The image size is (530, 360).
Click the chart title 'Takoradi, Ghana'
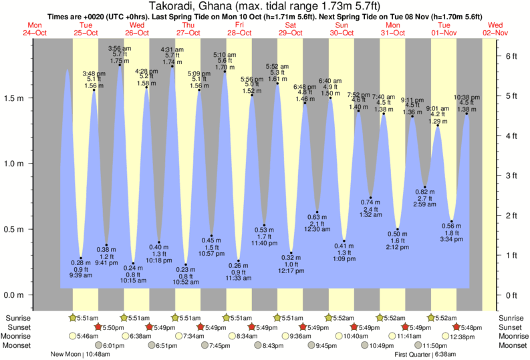click(194, 5)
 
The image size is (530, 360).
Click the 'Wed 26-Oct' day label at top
click(137, 29)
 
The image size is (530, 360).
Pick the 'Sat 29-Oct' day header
click(291, 29)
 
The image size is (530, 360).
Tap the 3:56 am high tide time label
click(120, 48)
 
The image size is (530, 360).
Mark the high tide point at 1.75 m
click(120, 65)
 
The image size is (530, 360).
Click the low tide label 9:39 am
click(81, 275)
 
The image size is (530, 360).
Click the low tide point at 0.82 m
click(425, 187)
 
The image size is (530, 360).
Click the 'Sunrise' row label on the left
click(17, 318)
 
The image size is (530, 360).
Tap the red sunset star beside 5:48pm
click(456, 327)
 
